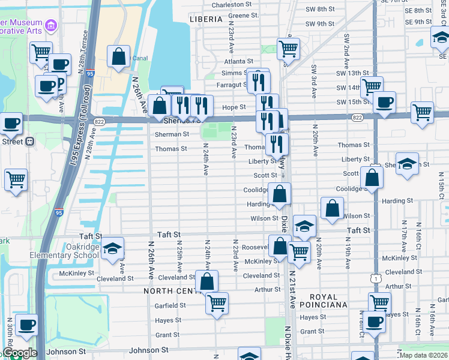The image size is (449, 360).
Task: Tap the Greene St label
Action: pyautogui.click(x=243, y=15)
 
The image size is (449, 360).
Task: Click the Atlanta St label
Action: pyautogui.click(x=238, y=61)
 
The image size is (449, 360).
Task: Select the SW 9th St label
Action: pyautogui.click(x=319, y=24)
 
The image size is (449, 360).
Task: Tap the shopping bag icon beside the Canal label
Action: pyautogui.click(x=119, y=56)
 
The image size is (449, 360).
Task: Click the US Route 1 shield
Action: pyautogui.click(x=376, y=278)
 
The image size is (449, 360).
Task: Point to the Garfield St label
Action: pyautogui.click(x=170, y=305)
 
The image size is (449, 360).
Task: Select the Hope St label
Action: pyautogui.click(x=235, y=107)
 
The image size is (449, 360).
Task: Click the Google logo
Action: pyautogui.click(x=20, y=353)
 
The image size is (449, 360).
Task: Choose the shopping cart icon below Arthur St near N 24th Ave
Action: pyautogui.click(x=217, y=302)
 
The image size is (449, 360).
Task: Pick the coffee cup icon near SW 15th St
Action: pyautogui.click(x=384, y=101)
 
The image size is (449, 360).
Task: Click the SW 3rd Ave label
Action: pyautogui.click(x=313, y=84)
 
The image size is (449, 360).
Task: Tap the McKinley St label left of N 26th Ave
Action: pyautogui.click(x=77, y=273)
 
